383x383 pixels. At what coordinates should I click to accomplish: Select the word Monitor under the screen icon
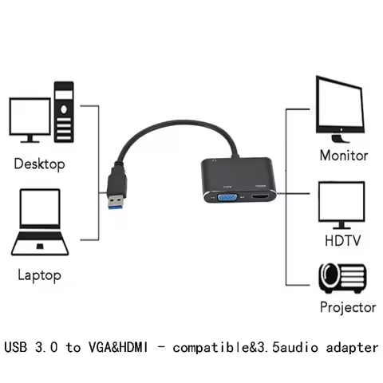point(344,156)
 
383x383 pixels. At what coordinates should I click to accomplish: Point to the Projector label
point(347,306)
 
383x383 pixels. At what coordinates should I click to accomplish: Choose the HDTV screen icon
point(342,203)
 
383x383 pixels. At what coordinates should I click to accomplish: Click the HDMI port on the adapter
point(259,198)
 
